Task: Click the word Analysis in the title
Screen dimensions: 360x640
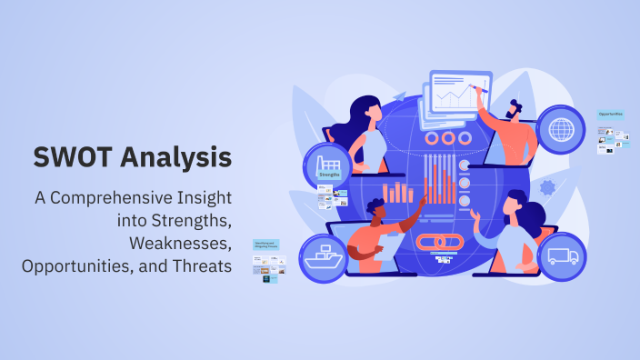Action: pyautogui.click(x=172, y=158)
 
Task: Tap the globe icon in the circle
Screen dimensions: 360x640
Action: pyautogui.click(x=561, y=129)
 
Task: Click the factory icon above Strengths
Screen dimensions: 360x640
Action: pyautogui.click(x=328, y=164)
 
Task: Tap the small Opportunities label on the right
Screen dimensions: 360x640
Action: pyautogui.click(x=611, y=115)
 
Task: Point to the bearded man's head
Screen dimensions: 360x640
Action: pyautogui.click(x=519, y=106)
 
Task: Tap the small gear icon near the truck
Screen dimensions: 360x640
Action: pyautogui.click(x=547, y=187)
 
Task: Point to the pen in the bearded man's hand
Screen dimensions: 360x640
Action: pyautogui.click(x=484, y=88)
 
